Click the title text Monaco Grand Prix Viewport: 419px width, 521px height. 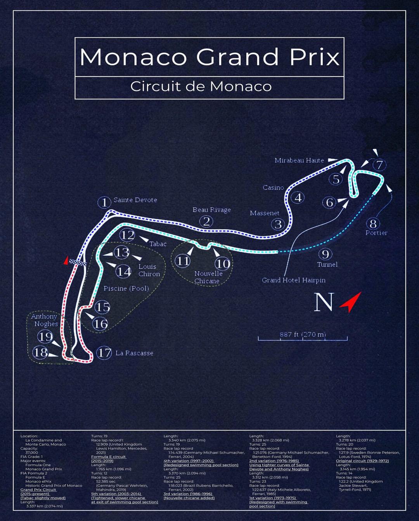(x=209, y=57)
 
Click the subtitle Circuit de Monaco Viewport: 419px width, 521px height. (x=201, y=86)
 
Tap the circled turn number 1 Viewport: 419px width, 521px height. (x=104, y=202)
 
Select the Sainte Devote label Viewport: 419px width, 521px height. (x=135, y=200)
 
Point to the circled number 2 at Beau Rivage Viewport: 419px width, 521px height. (x=207, y=222)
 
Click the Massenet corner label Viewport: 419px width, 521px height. (x=264, y=213)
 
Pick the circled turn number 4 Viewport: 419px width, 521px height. (x=298, y=197)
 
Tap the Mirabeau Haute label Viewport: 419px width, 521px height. (x=299, y=160)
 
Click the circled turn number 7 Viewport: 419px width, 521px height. (x=379, y=165)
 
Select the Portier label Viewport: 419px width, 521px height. (x=376, y=233)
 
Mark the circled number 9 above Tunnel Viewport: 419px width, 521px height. (x=325, y=254)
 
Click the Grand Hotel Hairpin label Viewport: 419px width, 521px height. (x=293, y=280)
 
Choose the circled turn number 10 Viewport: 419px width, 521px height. (x=222, y=264)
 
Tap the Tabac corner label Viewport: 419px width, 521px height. (x=158, y=244)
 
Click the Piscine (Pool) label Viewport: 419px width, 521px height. (x=126, y=289)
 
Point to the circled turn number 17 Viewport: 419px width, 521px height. (x=104, y=353)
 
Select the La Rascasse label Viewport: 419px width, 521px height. (x=134, y=353)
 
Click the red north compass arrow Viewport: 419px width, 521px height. (x=351, y=302)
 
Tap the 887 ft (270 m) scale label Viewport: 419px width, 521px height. (x=303, y=334)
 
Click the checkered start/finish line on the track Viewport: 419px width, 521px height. (x=78, y=263)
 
